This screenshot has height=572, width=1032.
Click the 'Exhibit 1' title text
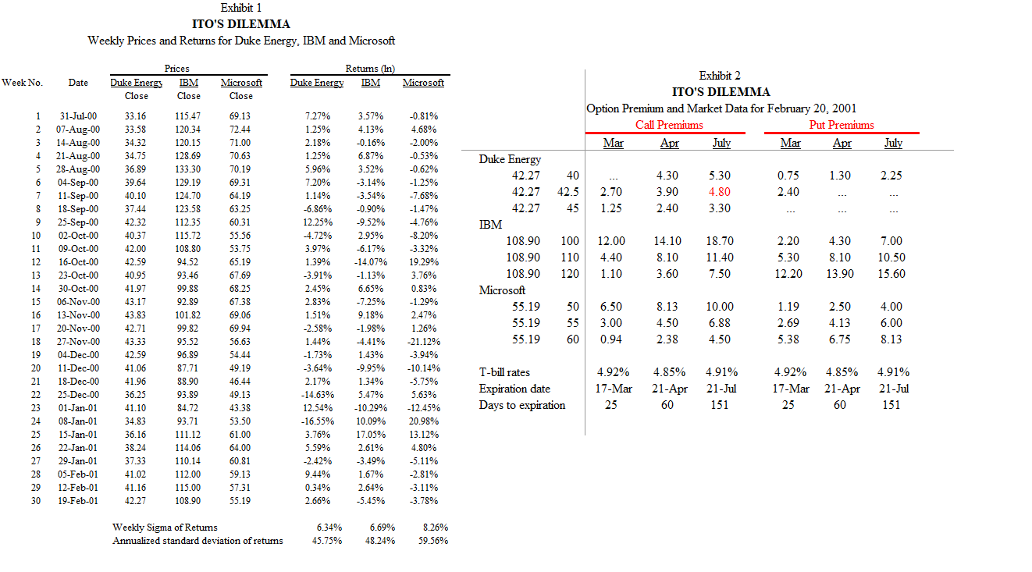(x=241, y=8)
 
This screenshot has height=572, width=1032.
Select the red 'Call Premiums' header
(x=668, y=125)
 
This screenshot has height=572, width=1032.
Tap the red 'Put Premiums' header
(x=841, y=125)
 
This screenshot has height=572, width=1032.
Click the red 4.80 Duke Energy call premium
(x=720, y=192)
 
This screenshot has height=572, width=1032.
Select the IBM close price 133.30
(x=188, y=169)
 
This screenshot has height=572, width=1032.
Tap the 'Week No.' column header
(x=22, y=83)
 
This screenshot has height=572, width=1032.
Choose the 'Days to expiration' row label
(x=521, y=405)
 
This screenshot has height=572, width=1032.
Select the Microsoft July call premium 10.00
(x=720, y=307)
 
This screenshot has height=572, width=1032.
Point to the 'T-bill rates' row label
(x=504, y=372)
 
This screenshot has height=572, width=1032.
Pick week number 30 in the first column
(x=34, y=501)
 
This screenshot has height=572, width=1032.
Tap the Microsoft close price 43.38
(x=240, y=408)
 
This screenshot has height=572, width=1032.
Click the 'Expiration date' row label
(x=514, y=389)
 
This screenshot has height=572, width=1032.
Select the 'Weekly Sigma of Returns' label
(x=165, y=528)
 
